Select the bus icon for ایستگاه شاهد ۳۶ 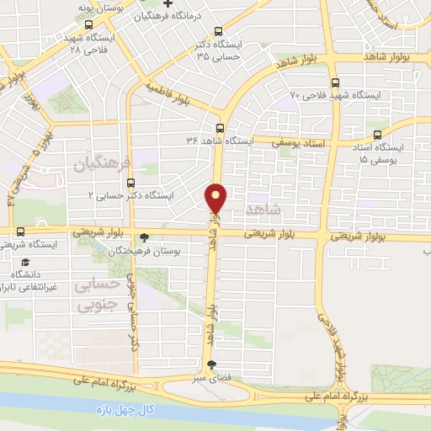220,129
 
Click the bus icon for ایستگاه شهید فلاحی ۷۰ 336,83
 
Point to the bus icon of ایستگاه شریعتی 20,232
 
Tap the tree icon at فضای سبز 211,364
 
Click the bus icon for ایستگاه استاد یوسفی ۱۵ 375,135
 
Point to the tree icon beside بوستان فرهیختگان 144,237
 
